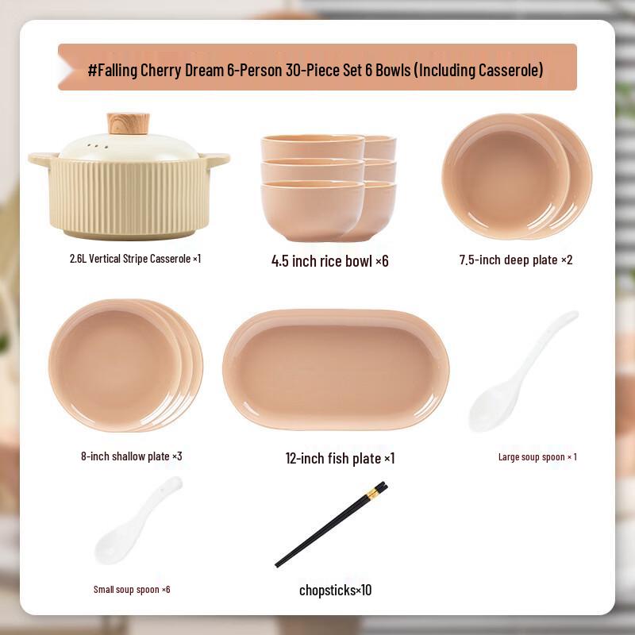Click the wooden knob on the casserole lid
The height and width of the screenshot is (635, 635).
(128, 124)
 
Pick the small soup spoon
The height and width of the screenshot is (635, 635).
(138, 521)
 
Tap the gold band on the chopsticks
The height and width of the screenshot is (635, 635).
(373, 493)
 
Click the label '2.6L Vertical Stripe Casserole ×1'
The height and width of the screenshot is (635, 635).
(135, 259)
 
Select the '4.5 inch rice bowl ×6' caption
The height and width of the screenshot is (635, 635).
(329, 261)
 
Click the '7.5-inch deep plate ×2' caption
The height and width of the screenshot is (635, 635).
(515, 260)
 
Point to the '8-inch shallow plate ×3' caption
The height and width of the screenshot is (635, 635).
(132, 456)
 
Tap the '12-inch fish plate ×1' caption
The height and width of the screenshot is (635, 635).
(340, 459)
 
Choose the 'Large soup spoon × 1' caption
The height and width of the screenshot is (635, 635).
(537, 457)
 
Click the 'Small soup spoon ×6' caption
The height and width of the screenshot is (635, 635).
(132, 589)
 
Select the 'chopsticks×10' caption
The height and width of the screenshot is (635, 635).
(335, 590)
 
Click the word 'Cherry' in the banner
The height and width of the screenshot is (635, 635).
(161, 71)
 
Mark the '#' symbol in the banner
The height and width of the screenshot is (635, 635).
(92, 70)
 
